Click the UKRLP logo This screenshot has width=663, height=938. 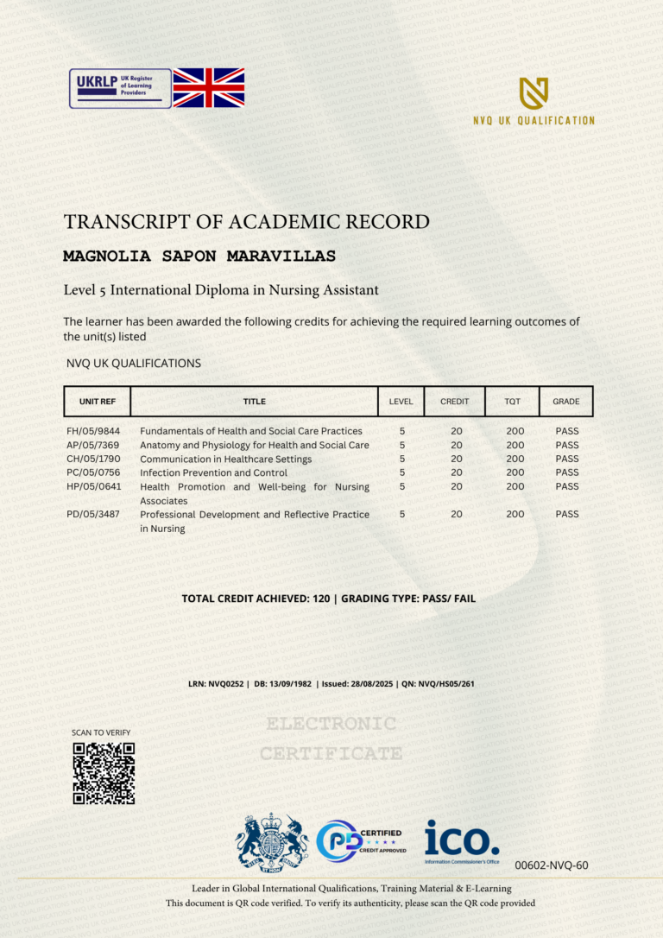click(x=120, y=88)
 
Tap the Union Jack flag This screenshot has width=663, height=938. click(x=209, y=88)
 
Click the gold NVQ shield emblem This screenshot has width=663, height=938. click(x=534, y=92)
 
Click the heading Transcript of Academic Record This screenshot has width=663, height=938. click(x=246, y=222)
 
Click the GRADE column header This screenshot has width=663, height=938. click(x=566, y=402)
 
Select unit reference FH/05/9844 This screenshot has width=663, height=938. click(x=93, y=431)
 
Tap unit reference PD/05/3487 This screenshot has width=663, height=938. click(x=93, y=514)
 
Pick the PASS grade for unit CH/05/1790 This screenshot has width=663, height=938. click(x=567, y=459)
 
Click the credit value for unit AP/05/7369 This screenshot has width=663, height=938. click(x=457, y=445)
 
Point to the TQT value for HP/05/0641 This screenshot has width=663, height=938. click(x=515, y=486)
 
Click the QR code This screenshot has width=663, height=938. click(x=104, y=773)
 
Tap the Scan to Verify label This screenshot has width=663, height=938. click(x=101, y=732)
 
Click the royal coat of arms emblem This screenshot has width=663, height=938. click(x=272, y=840)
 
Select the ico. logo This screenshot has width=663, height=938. click(x=462, y=841)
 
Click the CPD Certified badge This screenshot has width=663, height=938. click(x=362, y=841)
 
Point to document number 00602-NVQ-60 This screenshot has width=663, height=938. click(x=551, y=865)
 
